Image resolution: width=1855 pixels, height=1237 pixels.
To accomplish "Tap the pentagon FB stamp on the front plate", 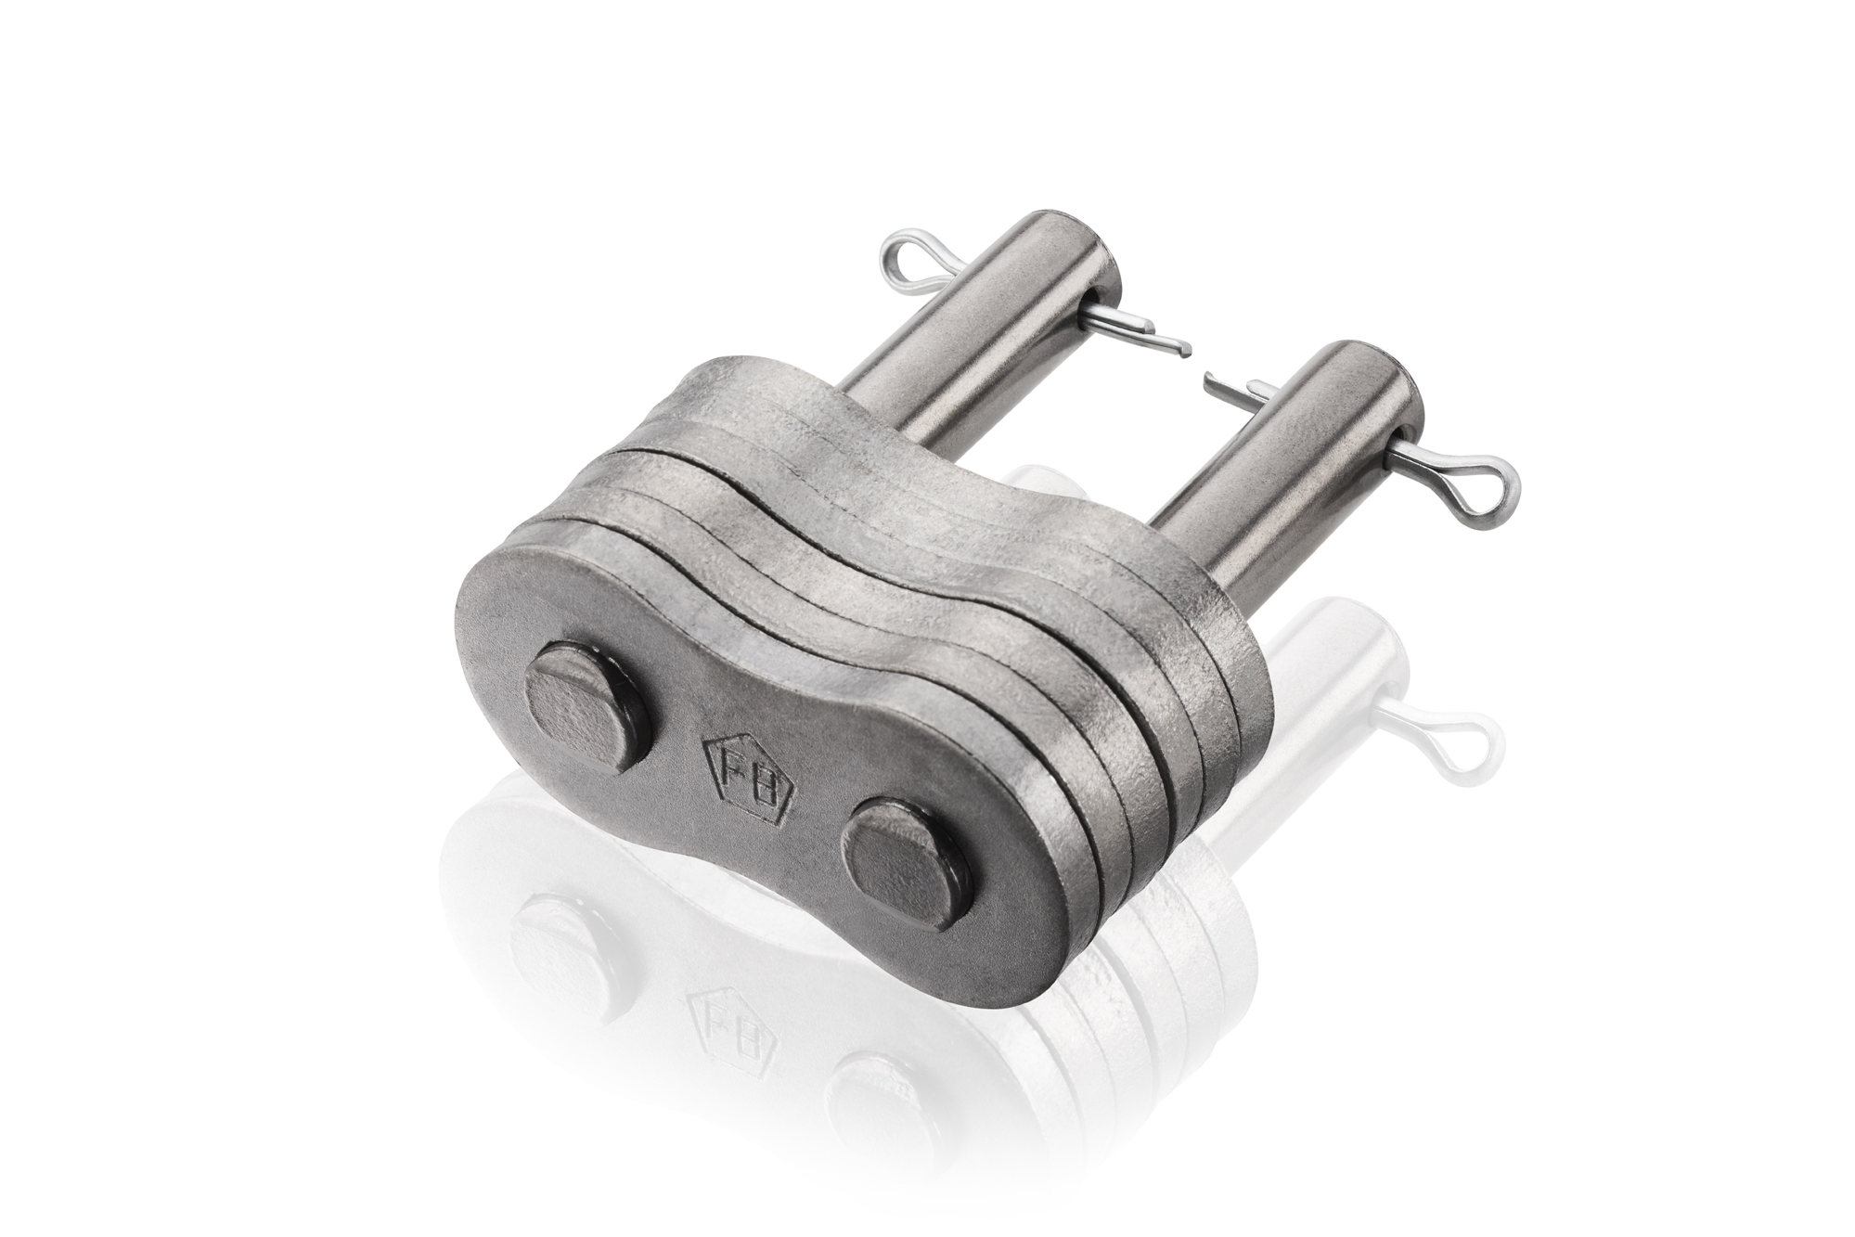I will (750, 768).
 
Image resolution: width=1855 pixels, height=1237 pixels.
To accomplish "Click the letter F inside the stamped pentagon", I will (735, 760).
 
